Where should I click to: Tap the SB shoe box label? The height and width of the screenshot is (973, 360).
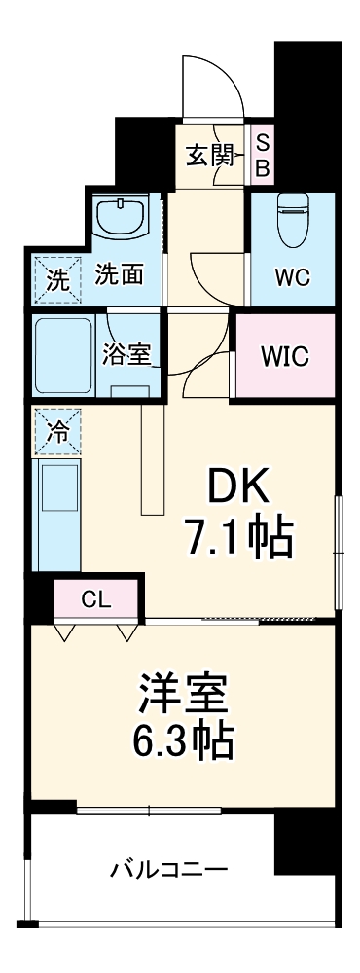262,154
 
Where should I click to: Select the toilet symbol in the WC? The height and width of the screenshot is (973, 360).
292,220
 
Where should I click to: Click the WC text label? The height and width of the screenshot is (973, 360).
291,276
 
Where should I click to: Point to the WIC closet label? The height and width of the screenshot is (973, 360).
285,356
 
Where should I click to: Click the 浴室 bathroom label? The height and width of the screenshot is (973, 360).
127,355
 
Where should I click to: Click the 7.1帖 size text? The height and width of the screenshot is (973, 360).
238,537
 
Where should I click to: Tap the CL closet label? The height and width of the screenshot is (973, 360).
95,599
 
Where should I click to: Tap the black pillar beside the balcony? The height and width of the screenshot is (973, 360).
306,843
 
